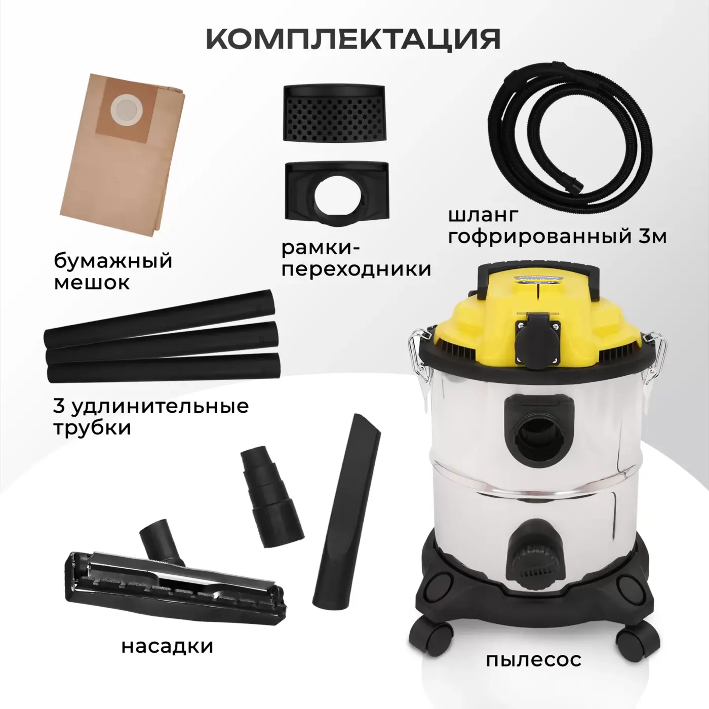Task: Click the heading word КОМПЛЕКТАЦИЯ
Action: [353, 38]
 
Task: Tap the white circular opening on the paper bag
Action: [124, 109]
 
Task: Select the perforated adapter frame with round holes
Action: [334, 112]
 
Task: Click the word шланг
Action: [478, 216]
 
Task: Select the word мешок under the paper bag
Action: [92, 283]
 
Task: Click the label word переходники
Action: [356, 269]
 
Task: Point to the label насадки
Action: [168, 646]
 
